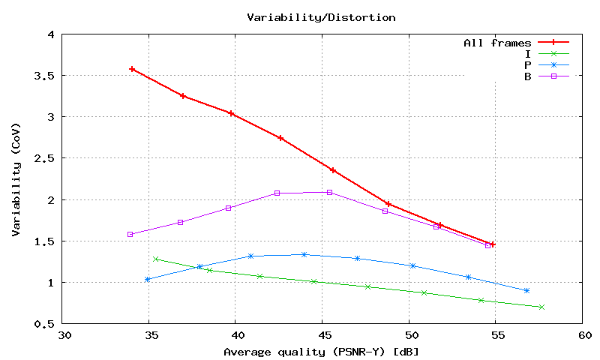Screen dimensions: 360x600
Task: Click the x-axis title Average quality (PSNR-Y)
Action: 321,352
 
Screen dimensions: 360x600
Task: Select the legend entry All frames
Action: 497,43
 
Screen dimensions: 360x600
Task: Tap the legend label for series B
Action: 528,76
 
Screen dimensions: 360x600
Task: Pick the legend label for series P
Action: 528,64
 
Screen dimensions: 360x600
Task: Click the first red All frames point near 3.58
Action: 132,69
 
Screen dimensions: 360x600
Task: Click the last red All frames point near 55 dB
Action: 492,244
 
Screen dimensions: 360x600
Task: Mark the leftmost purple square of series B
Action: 130,234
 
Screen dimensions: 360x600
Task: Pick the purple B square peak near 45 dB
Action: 329,192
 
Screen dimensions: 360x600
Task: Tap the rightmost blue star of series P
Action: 526,290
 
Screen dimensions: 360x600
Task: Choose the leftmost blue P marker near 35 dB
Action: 147,279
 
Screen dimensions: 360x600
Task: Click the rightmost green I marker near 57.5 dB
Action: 541,307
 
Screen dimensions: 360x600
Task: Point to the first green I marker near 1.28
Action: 155,259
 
